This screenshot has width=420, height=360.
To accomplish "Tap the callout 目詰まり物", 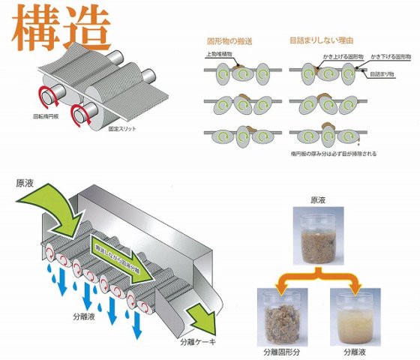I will click(x=382, y=74).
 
